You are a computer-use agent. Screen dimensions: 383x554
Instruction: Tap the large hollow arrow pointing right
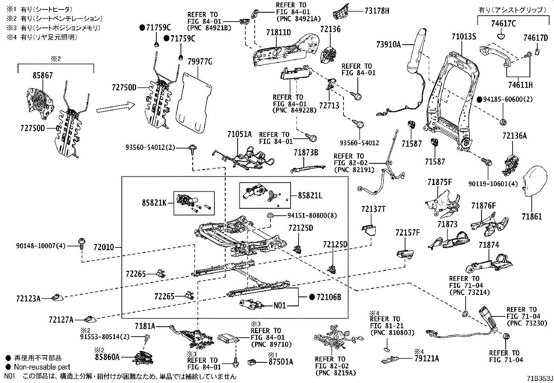115,108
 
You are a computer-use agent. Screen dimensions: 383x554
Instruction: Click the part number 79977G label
200,62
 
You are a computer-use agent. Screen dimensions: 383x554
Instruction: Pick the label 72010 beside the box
104,247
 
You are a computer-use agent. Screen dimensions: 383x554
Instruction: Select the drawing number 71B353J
538,378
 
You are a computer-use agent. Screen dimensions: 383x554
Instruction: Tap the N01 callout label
280,306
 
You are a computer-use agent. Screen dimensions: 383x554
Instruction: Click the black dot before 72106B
312,297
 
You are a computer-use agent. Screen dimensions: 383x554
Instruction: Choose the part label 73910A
389,44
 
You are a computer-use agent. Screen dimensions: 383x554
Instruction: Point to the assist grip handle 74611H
494,56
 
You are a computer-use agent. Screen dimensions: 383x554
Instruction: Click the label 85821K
154,202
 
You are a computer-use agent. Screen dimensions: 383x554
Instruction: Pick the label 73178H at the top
377,11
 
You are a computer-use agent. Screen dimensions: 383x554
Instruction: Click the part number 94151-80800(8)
312,215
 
